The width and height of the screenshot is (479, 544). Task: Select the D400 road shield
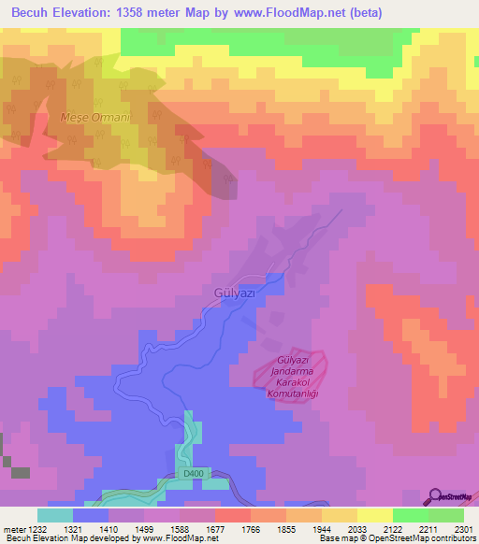[192, 475]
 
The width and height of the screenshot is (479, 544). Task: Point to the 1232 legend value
[38, 529]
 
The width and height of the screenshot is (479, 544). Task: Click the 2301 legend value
[462, 529]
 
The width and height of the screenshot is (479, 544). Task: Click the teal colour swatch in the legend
[55, 515]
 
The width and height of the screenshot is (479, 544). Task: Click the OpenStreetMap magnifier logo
[436, 496]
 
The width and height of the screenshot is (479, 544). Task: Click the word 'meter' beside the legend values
[13, 529]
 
